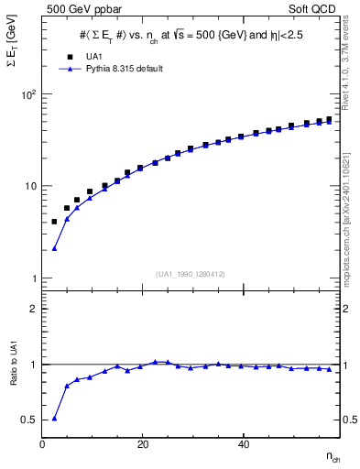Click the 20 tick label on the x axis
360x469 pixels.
click(142, 444)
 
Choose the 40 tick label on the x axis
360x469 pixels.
click(242, 444)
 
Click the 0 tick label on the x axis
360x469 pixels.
click(43, 444)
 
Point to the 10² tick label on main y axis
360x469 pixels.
click(27, 94)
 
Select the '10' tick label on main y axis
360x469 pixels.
click(29, 186)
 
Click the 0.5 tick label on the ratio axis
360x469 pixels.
click(30, 420)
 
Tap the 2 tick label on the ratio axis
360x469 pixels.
click(35, 309)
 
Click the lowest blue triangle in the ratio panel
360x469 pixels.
click(54, 418)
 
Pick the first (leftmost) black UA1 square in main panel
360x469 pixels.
click(54, 222)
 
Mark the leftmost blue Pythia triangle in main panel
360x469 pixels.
click(54, 248)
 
